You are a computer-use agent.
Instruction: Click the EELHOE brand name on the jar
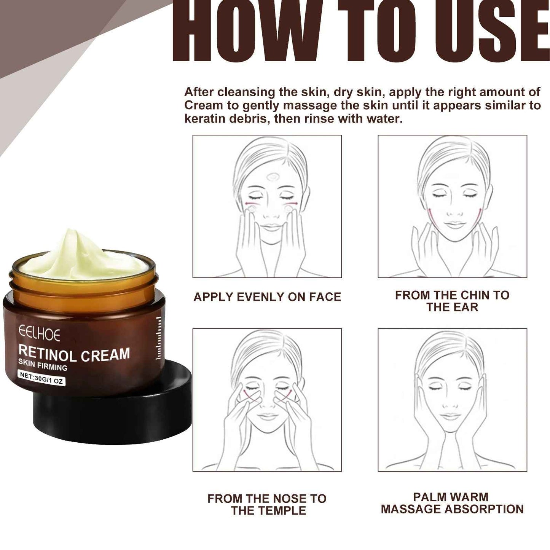pyautogui.click(x=39, y=335)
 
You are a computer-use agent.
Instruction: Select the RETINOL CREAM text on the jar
pyautogui.click(x=74, y=354)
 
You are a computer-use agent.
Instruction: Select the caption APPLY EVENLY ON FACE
pyautogui.click(x=267, y=297)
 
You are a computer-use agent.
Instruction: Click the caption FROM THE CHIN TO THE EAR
pyautogui.click(x=452, y=301)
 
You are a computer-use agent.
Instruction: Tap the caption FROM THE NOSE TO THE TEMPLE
pyautogui.click(x=267, y=504)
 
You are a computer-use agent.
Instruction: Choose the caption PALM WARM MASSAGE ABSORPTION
pyautogui.click(x=452, y=503)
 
